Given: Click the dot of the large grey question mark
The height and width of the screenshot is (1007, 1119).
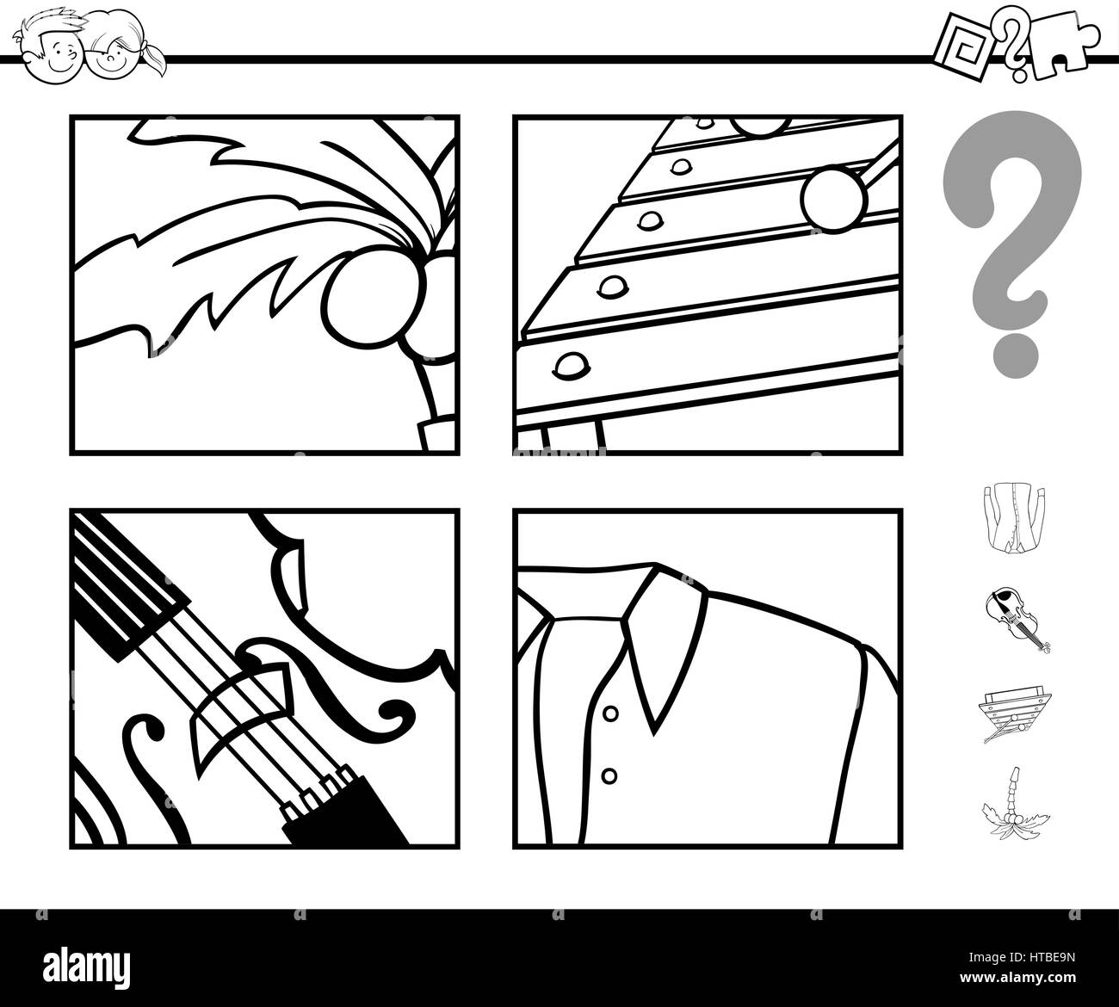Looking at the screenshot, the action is click(1015, 356).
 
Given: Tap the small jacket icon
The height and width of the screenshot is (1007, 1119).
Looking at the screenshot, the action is click(1014, 518).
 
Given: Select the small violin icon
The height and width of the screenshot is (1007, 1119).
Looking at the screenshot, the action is click(1016, 620).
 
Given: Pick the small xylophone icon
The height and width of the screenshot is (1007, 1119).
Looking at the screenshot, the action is click(1015, 716).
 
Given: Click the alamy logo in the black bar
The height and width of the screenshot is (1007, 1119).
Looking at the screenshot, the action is click(86, 967).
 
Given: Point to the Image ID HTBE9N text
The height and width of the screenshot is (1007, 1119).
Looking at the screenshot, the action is click(1022, 957).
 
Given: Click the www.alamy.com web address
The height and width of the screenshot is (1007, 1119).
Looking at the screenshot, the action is click(1017, 978).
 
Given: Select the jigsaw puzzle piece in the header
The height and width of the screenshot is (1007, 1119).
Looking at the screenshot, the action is click(1063, 47).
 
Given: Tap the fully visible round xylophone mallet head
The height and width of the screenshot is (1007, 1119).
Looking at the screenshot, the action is click(834, 198).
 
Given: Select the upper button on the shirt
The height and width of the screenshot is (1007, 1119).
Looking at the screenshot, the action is click(611, 714).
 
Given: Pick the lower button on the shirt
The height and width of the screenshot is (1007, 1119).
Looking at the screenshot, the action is click(609, 776).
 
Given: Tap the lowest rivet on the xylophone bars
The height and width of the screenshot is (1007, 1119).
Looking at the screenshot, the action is click(572, 366).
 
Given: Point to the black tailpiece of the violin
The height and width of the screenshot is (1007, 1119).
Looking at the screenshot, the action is click(347, 810).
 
